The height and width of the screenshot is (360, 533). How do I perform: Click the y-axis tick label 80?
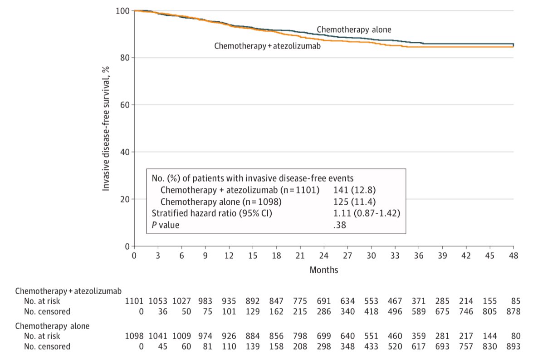(x=125, y=58)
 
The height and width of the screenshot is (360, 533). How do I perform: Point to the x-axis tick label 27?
(x=347, y=256)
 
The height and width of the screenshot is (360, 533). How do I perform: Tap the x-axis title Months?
(x=324, y=270)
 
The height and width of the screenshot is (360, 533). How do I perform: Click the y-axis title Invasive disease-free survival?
(x=106, y=128)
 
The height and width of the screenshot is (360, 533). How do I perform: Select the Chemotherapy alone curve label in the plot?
(x=354, y=30)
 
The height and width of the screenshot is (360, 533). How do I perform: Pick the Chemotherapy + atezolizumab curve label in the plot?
(x=267, y=46)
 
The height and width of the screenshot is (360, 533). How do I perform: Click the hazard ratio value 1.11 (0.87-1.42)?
(x=367, y=213)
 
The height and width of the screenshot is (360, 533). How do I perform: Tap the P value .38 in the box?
(x=340, y=225)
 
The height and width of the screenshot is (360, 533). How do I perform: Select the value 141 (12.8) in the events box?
(x=355, y=190)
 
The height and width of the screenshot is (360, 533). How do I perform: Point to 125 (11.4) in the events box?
(x=355, y=202)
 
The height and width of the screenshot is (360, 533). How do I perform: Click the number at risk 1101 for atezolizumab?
(x=134, y=301)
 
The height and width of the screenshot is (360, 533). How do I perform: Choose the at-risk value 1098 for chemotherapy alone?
(x=134, y=336)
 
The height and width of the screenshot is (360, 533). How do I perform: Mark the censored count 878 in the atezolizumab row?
(x=513, y=312)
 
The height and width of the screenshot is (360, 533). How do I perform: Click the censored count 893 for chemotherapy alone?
(x=513, y=347)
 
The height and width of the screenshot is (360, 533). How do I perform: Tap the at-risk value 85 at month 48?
(x=516, y=301)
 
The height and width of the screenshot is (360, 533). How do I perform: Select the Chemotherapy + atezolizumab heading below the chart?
(x=68, y=291)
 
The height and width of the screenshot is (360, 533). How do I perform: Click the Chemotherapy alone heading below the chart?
(x=52, y=326)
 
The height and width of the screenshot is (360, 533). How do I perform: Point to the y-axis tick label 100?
(x=123, y=11)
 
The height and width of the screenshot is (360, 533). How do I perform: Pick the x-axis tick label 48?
(x=513, y=256)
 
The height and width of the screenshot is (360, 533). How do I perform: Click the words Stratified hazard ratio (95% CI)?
(x=212, y=213)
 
